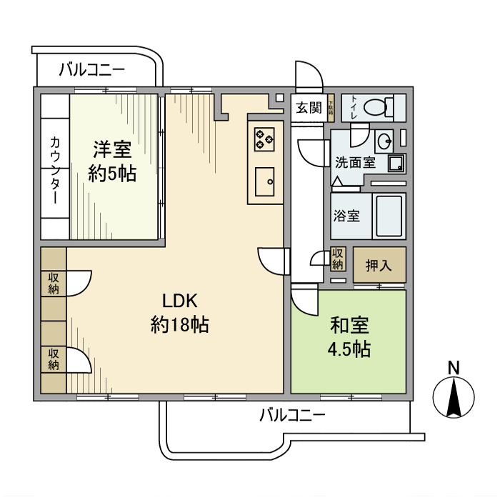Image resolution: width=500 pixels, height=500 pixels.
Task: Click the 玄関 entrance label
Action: click(x=309, y=109)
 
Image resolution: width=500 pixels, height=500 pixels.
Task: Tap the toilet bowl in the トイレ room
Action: click(x=375, y=108)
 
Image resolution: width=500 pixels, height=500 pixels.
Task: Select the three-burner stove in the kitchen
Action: click(x=264, y=138)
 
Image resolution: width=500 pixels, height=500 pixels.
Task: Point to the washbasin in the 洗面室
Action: click(x=384, y=139)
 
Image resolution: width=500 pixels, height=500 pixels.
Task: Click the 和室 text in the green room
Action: click(x=349, y=326)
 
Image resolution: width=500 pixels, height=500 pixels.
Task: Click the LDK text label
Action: click(x=179, y=301)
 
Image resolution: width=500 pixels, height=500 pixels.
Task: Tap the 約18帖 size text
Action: click(x=179, y=326)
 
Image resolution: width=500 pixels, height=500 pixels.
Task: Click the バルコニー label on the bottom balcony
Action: click(x=292, y=415)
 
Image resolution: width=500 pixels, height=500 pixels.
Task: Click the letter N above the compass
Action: click(x=453, y=367)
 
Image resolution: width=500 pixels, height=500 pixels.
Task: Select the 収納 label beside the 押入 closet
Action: click(x=339, y=259)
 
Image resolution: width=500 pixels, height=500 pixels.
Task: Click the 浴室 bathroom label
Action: click(x=347, y=216)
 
